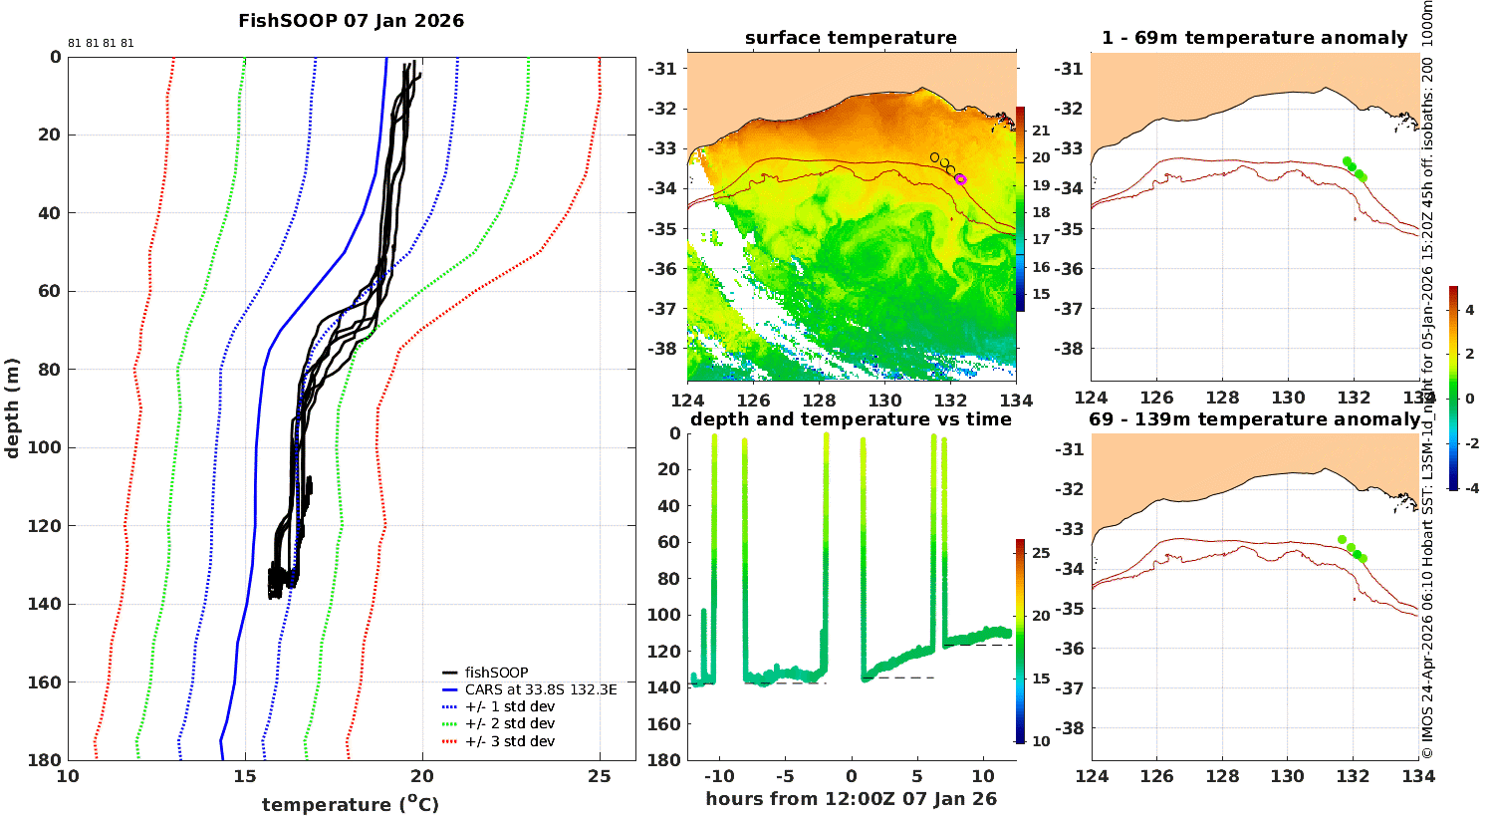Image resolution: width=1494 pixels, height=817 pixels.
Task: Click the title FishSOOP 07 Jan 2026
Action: click(351, 21)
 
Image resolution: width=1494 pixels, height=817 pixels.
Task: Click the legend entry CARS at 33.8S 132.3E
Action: click(529, 689)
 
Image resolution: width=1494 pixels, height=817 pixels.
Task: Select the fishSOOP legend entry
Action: click(485, 673)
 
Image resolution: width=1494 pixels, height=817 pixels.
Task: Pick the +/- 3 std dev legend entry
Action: click(498, 741)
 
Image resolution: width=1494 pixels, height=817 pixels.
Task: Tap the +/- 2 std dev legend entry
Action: click(498, 723)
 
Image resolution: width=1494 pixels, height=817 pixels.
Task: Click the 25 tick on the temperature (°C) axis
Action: click(600, 776)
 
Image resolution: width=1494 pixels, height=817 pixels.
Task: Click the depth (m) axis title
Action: click(12, 408)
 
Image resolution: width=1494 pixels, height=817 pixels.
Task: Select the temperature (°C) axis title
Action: click(351, 804)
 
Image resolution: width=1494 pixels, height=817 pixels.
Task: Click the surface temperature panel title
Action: click(851, 38)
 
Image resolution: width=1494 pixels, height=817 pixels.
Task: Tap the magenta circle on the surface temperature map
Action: click(960, 179)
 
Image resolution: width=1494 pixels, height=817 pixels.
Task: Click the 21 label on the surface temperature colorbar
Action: click(1041, 131)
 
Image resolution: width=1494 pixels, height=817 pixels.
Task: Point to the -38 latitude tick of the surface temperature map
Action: click(662, 349)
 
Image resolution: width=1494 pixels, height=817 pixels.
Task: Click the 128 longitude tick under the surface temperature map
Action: click(819, 401)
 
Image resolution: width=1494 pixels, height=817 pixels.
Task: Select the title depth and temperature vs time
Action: click(851, 419)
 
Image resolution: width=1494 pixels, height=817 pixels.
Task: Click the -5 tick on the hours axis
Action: click(785, 776)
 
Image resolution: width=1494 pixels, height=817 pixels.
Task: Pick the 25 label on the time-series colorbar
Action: click(1041, 553)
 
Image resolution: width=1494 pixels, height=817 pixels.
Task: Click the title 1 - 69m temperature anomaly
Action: click(1255, 38)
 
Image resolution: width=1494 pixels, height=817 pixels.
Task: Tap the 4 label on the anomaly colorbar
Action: click(1470, 310)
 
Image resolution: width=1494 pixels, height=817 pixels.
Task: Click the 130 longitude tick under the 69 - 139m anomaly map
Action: click(1287, 776)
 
